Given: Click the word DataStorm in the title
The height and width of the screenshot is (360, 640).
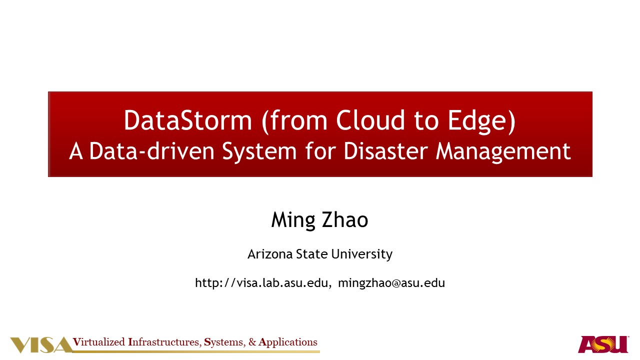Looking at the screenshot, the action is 187,120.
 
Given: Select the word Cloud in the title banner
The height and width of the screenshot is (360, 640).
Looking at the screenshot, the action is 370,120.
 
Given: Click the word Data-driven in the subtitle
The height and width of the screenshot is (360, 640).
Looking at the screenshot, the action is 151,151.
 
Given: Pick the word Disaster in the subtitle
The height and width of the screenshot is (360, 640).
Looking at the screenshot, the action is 385,151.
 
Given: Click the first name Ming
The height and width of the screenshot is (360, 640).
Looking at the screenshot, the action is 293,220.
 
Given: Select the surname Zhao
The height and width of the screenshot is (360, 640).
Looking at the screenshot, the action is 345,219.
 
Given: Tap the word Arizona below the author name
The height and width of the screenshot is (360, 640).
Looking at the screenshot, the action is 270,254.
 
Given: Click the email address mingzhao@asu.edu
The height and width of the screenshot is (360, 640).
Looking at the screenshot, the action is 391,283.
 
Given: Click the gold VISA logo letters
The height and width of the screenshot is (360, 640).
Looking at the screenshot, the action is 41,345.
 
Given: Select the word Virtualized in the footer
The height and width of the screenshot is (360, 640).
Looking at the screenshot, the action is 99,342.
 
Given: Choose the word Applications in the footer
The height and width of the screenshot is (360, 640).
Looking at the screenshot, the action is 287,342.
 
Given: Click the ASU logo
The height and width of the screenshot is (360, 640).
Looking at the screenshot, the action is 603,344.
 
